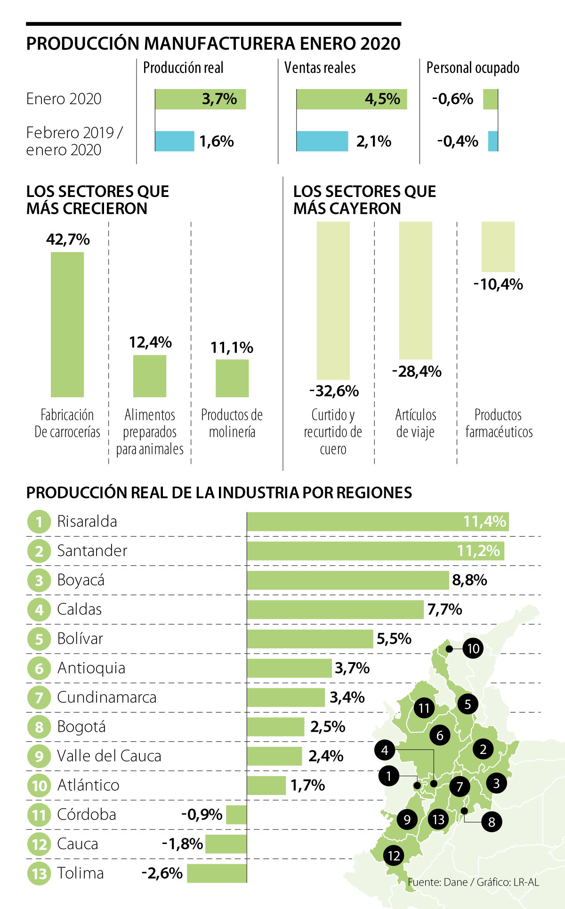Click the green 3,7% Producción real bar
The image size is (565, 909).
(200, 99)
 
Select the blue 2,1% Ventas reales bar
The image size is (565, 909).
(322, 141)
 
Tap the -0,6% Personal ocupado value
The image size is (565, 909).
(452, 99)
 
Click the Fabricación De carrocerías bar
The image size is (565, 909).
(67, 324)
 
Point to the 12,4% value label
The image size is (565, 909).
(150, 342)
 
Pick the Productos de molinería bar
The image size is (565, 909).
(232, 378)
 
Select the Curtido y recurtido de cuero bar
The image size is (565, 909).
(333, 300)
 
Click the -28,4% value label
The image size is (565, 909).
(417, 371)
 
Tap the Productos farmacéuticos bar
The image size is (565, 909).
(498, 246)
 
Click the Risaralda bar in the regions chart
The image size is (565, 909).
(378, 522)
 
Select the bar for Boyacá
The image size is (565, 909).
(347, 580)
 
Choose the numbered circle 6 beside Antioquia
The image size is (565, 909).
(39, 669)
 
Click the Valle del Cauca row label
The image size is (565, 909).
(109, 756)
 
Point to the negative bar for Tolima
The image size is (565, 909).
(217, 873)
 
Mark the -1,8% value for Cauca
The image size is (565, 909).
(182, 844)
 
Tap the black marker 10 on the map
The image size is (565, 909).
(473, 649)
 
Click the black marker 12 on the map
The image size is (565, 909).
(394, 855)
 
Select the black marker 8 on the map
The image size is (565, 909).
(492, 822)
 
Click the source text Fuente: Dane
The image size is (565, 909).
(437, 882)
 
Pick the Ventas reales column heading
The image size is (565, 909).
(320, 68)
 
